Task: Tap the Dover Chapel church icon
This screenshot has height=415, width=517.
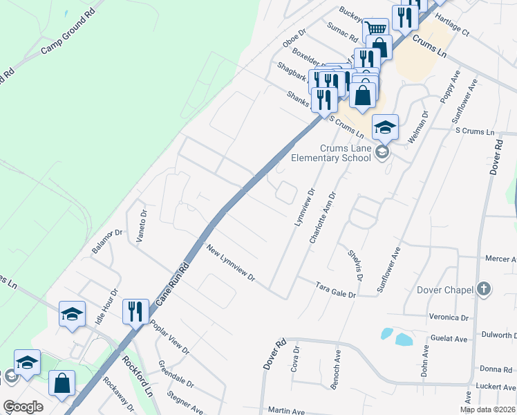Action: coord(484,289)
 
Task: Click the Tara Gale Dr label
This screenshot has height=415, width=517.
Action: coord(335,289)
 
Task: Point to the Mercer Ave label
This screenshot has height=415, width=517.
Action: coord(501,259)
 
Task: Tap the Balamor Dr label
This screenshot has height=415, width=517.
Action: coord(108,240)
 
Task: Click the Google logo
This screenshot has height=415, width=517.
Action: coord(23,407)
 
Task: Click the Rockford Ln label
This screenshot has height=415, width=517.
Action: coord(138,376)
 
